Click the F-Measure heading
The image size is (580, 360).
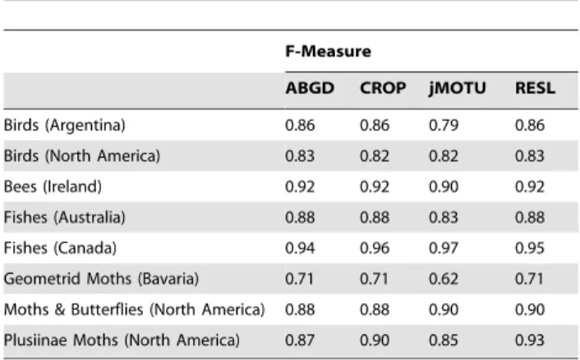pos(328,51)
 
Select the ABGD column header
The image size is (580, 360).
pos(310,88)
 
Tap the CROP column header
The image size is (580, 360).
pos(383,88)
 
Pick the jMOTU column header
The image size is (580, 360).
pos(458,89)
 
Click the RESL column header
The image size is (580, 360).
pos(536,88)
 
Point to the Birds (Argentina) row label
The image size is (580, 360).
pos(65,125)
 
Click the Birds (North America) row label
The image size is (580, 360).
pos(82,156)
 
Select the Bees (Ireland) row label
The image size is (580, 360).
pos(53,187)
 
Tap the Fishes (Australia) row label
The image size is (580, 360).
pos(65,217)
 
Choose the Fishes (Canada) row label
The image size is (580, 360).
pos(60,248)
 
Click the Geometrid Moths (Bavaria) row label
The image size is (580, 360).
pos(101,279)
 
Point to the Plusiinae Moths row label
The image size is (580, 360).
pos(122,340)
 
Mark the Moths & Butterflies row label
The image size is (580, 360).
pos(134,309)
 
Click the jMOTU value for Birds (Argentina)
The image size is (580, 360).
pos(444,125)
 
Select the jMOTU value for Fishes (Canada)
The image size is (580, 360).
pos(444,248)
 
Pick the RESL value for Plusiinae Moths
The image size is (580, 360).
pos(530,340)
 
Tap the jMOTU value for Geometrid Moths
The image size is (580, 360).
pos(444,279)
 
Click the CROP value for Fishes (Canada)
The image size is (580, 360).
pos(375,248)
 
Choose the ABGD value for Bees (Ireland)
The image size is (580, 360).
pos(300,187)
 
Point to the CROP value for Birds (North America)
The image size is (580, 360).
pos(375,156)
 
